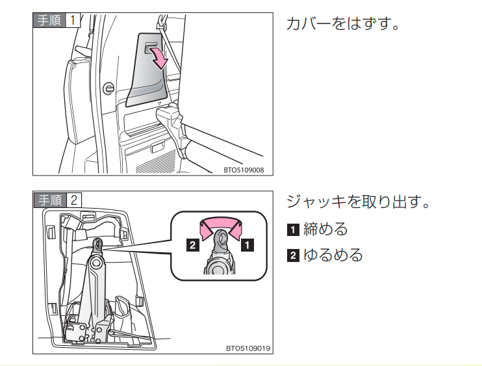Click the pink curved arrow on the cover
(x=159, y=59)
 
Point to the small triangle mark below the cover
(x=159, y=102)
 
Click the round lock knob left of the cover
(x=108, y=87)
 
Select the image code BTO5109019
(x=247, y=348)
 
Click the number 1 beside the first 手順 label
(x=73, y=20)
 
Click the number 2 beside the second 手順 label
(x=73, y=200)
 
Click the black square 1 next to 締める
(x=293, y=229)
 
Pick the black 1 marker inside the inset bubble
(x=247, y=246)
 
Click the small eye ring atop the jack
(x=98, y=244)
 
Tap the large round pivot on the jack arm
(x=96, y=262)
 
